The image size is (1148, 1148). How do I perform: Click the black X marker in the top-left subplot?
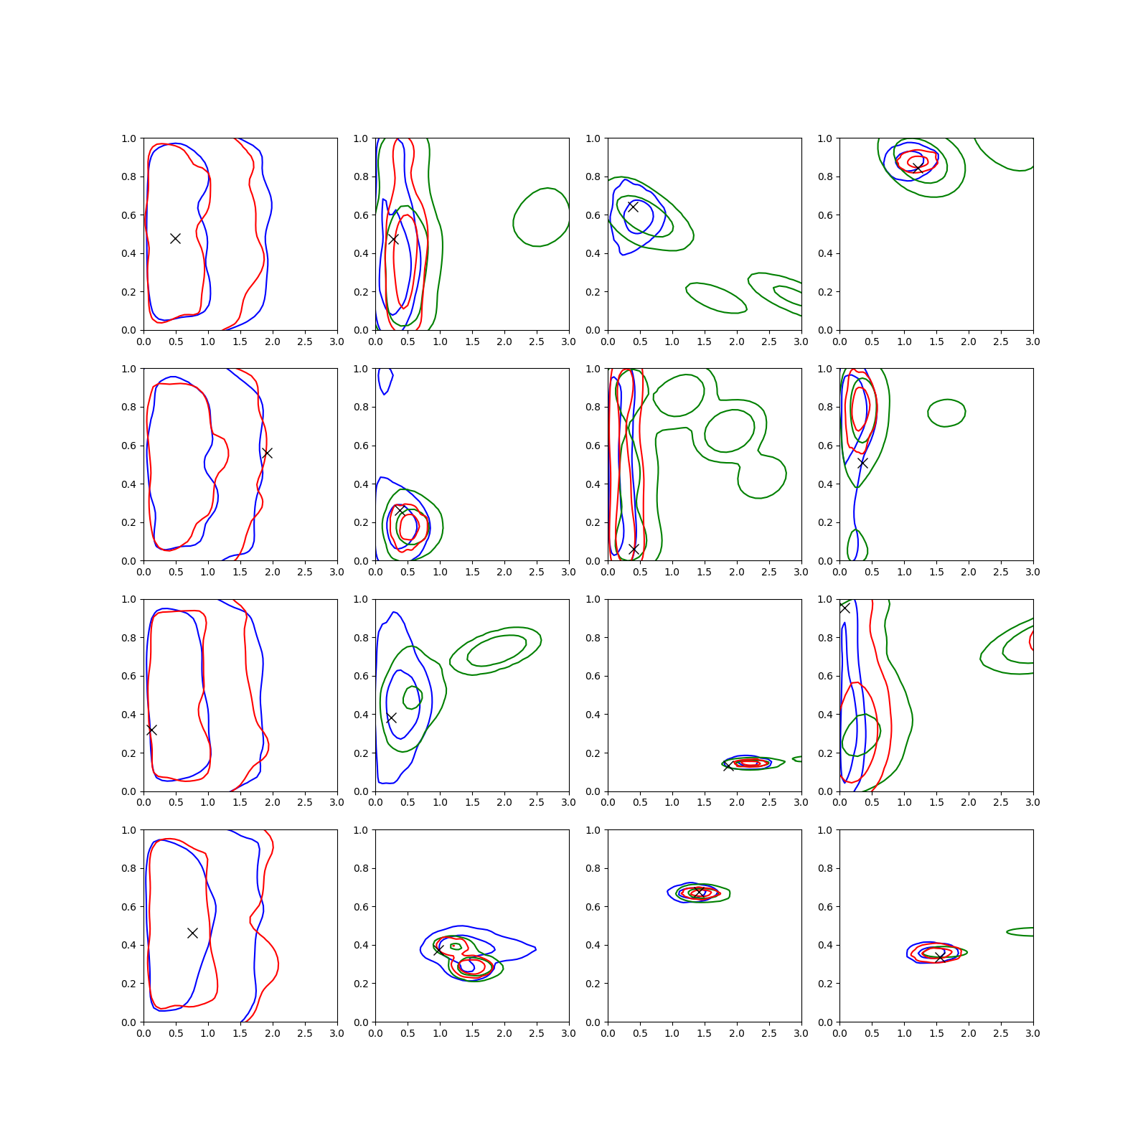175,238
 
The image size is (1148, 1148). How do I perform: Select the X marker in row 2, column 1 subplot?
267,453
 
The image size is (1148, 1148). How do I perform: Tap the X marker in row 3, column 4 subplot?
844,608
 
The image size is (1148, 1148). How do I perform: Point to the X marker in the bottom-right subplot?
939,956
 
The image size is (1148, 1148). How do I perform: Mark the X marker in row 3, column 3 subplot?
728,766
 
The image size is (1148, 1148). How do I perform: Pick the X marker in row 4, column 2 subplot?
438,951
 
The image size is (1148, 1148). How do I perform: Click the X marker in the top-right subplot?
917,168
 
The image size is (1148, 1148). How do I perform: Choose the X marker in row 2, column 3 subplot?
634,549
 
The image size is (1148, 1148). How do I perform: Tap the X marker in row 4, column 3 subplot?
700,892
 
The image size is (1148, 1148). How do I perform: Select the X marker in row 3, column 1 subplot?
151,730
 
